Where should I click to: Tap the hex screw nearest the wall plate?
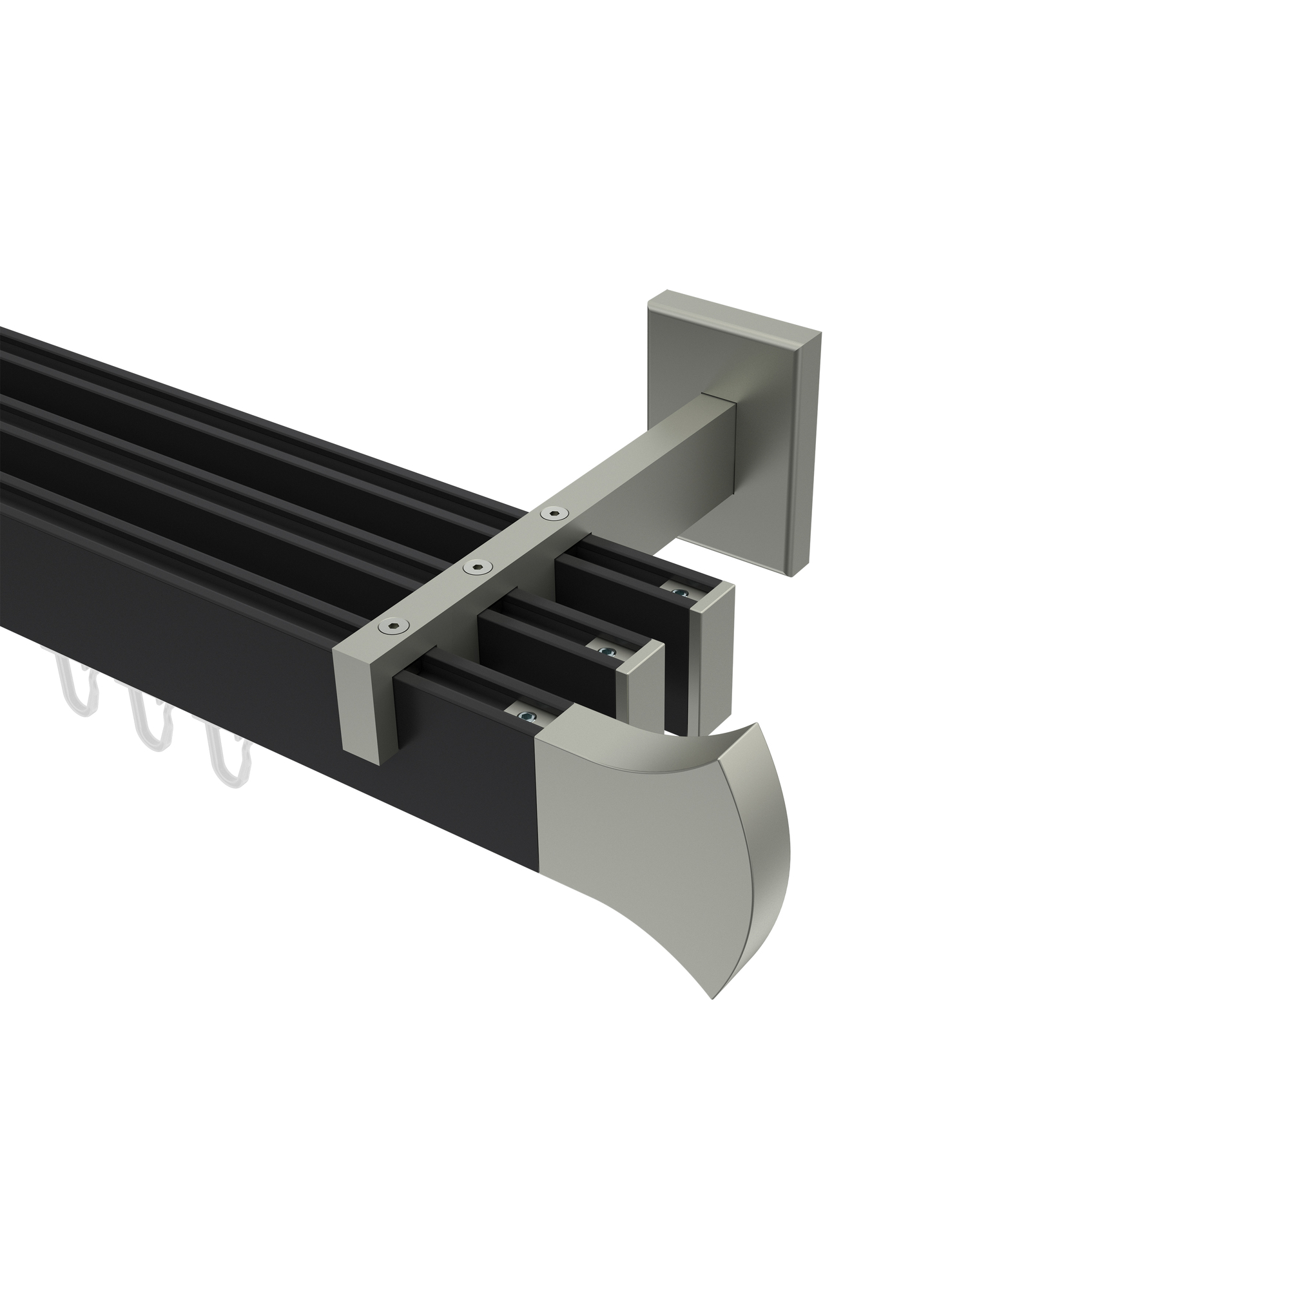point(551,512)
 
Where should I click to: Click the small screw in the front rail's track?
point(525,717)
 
